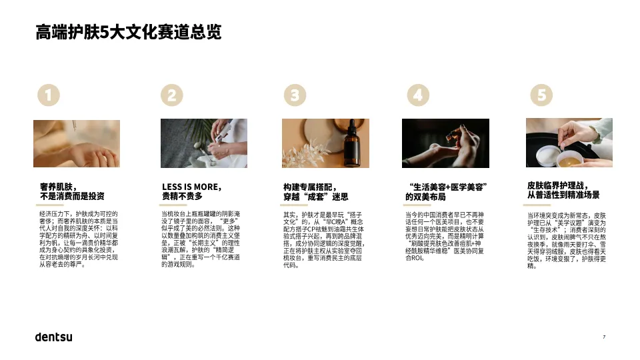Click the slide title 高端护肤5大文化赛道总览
tap(128, 31)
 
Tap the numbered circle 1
tap(48, 95)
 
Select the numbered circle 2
tap(171, 95)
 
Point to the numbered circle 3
tap(294, 95)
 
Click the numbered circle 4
tap(417, 95)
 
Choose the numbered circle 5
tap(541, 95)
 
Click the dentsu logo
tap(53, 336)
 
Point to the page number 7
tap(603, 337)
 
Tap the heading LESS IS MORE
tap(191, 187)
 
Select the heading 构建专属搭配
tap(310, 187)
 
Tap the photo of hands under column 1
tap(77, 143)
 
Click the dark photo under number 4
tap(445, 143)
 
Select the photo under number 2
tap(204, 143)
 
